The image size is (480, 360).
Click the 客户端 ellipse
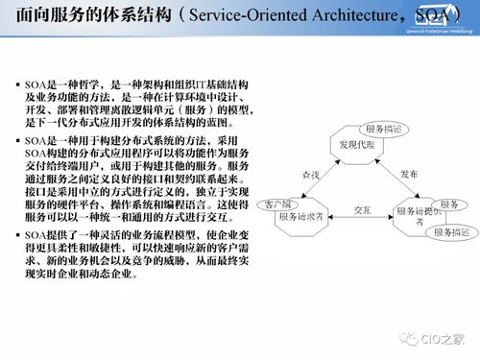284,204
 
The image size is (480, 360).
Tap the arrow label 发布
409,175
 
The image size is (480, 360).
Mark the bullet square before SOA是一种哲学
17,86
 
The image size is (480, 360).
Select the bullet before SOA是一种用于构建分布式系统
17,141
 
